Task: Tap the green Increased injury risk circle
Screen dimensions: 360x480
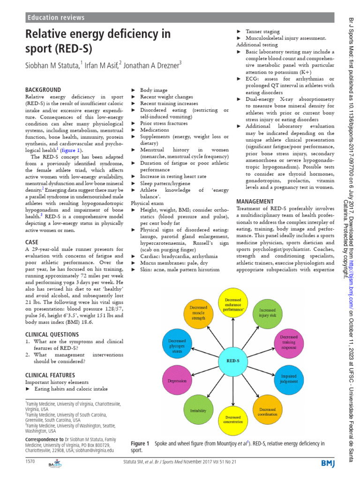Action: click(268, 313)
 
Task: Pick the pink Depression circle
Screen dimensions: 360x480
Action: click(178, 381)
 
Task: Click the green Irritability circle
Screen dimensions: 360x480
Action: click(198, 409)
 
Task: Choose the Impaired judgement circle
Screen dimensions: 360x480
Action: click(289, 379)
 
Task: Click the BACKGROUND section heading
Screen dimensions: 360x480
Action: click(43, 90)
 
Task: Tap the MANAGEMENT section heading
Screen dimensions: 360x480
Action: click(255, 201)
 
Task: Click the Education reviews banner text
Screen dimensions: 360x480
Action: click(56, 18)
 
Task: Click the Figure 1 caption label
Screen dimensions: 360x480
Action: click(140, 443)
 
